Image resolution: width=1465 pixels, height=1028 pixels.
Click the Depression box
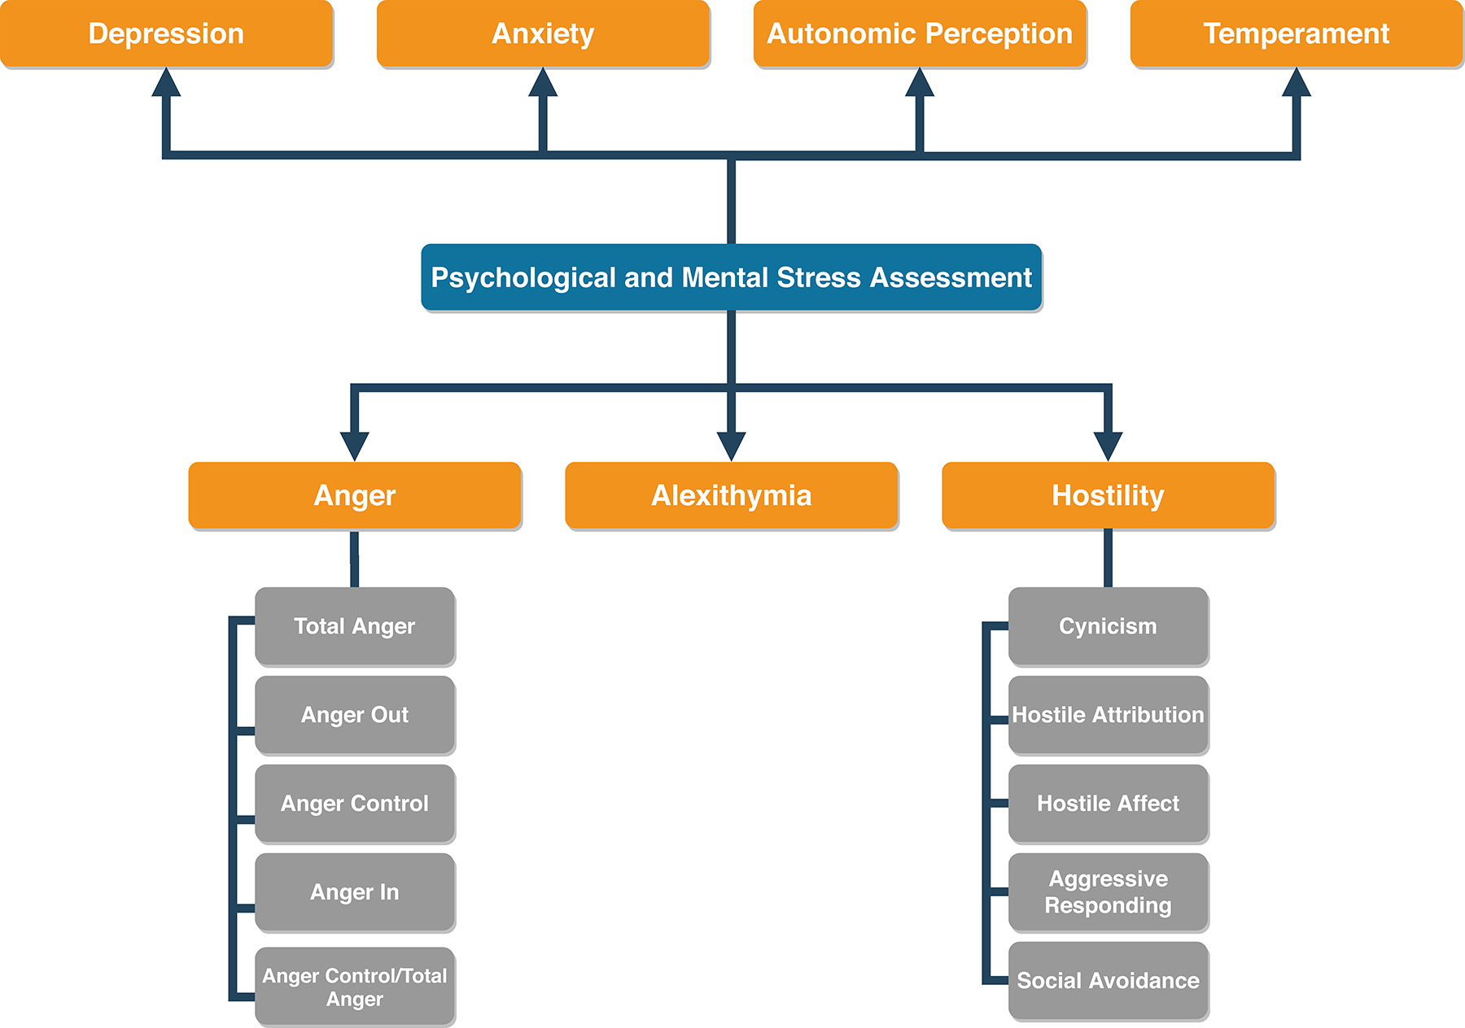coord(166,33)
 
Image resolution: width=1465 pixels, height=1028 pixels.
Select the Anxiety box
coord(543,33)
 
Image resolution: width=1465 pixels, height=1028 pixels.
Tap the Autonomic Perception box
coord(920,33)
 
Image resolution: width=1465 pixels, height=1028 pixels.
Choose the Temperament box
coord(1297,33)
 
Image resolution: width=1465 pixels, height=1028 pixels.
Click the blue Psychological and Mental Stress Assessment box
coord(731,277)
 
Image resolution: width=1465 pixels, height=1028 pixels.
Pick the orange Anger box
coord(354,495)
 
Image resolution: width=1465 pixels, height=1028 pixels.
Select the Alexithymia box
coord(731,495)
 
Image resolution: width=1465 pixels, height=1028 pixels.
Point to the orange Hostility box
coord(1108,495)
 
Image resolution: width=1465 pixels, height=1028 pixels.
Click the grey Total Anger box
coord(354,626)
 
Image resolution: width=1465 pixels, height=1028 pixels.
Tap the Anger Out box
coord(354,715)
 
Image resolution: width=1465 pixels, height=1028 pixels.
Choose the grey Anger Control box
coord(354,804)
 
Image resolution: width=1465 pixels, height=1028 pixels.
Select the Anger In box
coord(354,892)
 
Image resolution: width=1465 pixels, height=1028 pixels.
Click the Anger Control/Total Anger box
coord(354,987)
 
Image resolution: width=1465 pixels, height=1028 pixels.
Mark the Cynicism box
coord(1108,626)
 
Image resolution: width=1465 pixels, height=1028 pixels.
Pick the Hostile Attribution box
coord(1108,715)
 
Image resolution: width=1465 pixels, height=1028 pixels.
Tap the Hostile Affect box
coord(1108,804)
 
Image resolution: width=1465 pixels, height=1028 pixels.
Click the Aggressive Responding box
coord(1108,892)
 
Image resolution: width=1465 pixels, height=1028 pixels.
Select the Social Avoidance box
coord(1108,981)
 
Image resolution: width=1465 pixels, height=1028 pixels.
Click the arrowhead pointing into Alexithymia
coord(731,446)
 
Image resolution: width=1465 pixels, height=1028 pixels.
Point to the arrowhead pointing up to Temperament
coord(1296,83)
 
